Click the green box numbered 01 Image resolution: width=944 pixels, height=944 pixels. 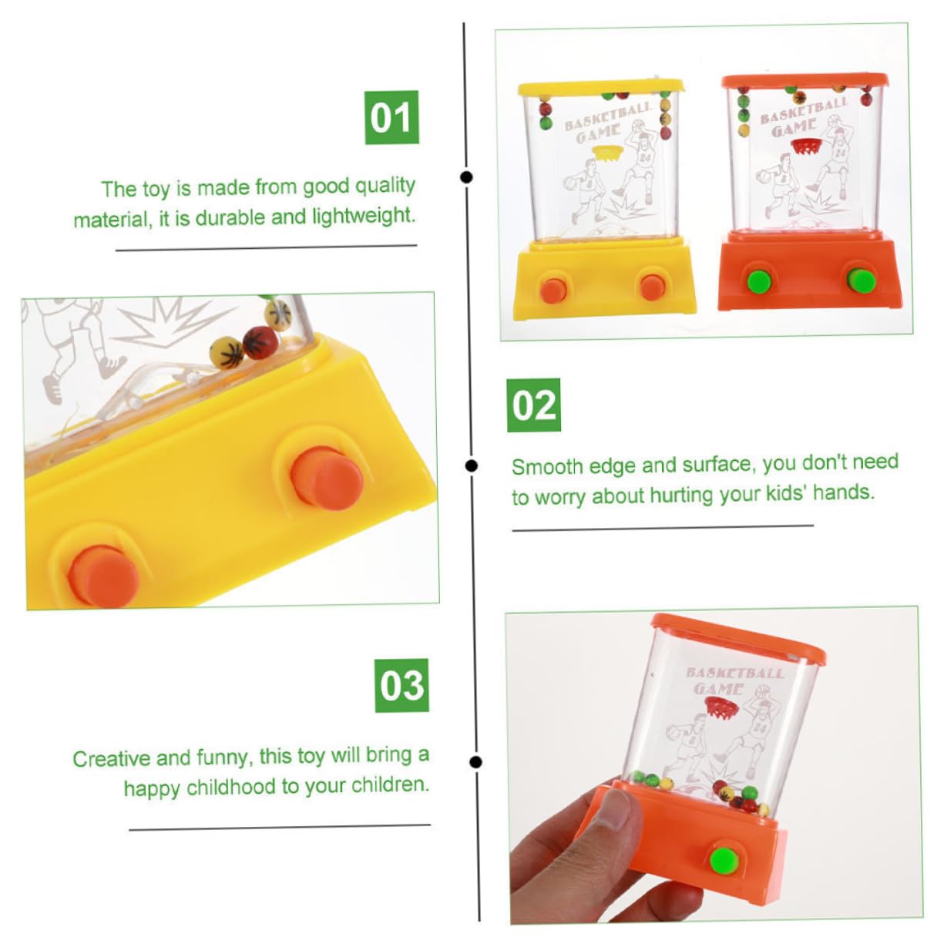click(391, 117)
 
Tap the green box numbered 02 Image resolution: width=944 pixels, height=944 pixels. click(533, 405)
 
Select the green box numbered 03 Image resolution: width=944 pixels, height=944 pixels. click(401, 685)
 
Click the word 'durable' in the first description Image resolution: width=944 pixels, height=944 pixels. click(230, 218)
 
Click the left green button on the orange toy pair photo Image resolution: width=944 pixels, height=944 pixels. click(759, 281)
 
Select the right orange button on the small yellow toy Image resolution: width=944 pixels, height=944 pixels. click(653, 286)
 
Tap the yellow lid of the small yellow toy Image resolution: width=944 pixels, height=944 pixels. click(601, 86)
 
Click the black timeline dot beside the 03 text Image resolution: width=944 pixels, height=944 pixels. click(475, 761)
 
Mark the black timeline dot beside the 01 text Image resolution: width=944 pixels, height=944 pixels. click(466, 177)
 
